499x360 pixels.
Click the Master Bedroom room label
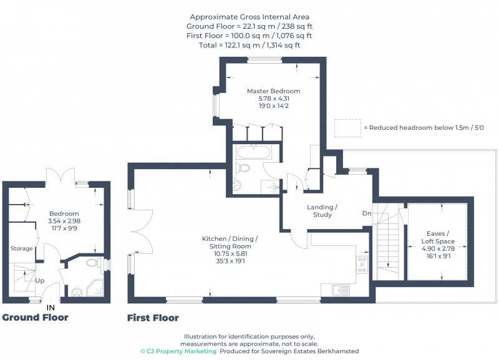click(273, 91)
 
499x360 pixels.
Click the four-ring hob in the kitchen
click(362, 264)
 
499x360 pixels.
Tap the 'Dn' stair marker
click(367, 214)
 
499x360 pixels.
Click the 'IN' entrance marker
click(51, 307)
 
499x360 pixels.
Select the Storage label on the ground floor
click(21, 249)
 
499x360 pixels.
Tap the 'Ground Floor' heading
click(35, 318)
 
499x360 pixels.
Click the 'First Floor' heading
click(153, 318)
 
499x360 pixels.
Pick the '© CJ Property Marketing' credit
click(178, 351)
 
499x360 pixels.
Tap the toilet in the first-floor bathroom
click(244, 167)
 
